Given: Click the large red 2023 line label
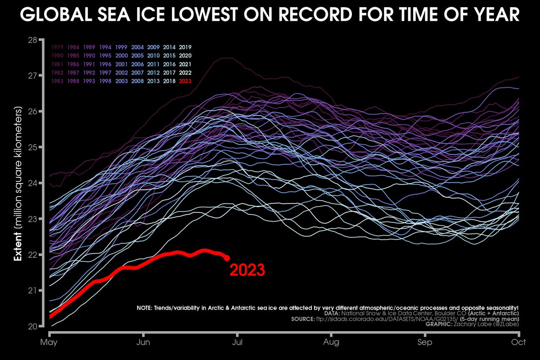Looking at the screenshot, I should click(x=247, y=270).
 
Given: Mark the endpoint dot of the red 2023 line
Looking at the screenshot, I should click(x=227, y=258).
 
